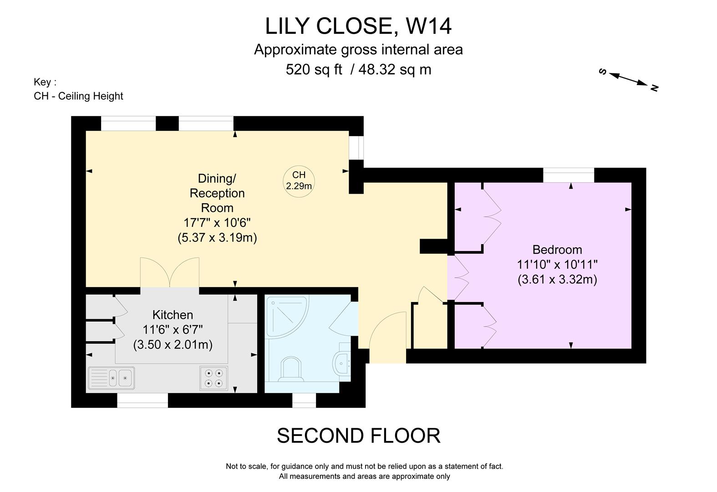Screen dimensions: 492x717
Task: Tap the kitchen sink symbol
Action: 111,378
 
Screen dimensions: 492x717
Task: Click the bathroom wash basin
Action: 342,363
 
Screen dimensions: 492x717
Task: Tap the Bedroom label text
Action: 557,250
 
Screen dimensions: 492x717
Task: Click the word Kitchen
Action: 173,315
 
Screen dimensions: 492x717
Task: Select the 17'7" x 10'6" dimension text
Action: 217,223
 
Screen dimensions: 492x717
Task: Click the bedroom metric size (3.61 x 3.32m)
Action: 557,279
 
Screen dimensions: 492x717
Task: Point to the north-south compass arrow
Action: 629,79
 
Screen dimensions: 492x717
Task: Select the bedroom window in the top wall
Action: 569,175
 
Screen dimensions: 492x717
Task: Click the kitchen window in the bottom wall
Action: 142,400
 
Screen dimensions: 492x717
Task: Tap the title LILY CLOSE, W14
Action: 358,26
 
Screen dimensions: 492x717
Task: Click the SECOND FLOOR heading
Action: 358,436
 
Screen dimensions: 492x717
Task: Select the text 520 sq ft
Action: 314,69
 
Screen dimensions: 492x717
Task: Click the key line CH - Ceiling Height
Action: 78,96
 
